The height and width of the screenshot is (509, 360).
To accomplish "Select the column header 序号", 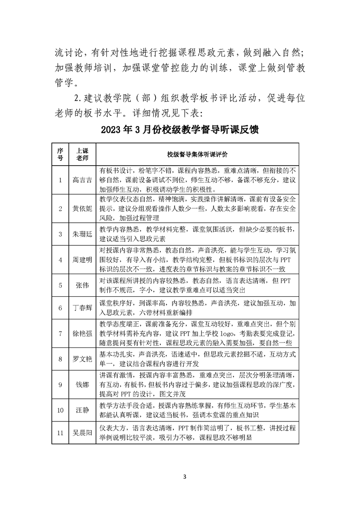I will pyautogui.click(x=60, y=154).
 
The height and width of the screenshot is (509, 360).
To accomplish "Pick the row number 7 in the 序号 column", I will pyautogui.click(x=60, y=333).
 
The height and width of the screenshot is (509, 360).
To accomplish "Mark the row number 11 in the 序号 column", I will pyautogui.click(x=60, y=433).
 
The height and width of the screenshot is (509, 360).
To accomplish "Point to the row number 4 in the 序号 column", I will pyautogui.click(x=60, y=259).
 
